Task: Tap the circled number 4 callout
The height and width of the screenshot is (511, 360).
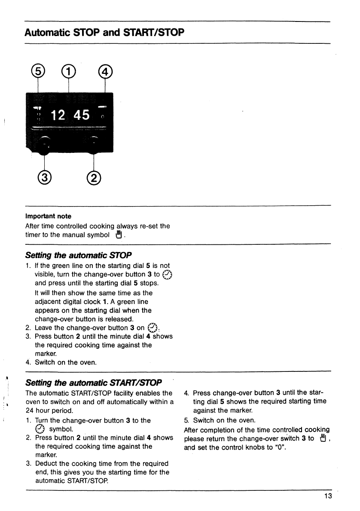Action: tap(105, 71)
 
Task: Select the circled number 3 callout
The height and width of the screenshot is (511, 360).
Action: tap(45, 177)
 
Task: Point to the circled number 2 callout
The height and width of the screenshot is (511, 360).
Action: tap(94, 177)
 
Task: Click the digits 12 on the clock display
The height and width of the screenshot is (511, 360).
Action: tap(58, 115)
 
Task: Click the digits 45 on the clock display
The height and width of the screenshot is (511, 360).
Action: tap(82, 115)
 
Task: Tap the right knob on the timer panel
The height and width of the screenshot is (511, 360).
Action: tap(94, 143)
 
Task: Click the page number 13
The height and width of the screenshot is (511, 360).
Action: tap(328, 496)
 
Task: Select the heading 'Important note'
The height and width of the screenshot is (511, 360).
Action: tap(48, 216)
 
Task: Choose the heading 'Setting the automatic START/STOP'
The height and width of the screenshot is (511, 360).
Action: tap(93, 382)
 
